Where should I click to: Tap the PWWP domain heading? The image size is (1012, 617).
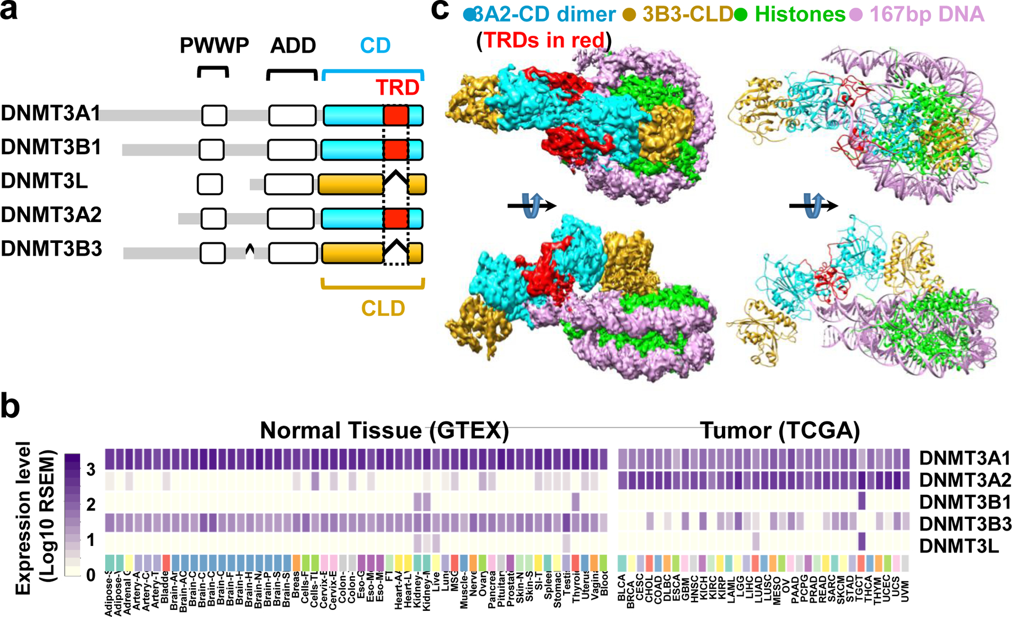click(214, 46)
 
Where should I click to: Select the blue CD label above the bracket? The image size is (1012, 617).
click(375, 46)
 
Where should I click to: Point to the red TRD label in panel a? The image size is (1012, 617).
click(397, 88)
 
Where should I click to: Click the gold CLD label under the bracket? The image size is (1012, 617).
click(383, 308)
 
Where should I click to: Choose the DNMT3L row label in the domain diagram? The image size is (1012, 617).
click(44, 181)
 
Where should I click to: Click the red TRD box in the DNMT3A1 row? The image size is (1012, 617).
click(396, 116)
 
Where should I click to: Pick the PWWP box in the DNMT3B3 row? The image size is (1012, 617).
click(213, 253)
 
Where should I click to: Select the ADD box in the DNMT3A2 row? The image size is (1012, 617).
click(291, 218)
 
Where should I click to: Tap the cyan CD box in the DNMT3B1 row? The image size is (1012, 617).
click(352, 150)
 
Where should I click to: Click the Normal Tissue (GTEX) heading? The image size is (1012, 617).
click(384, 430)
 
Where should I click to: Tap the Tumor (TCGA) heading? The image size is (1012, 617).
click(780, 430)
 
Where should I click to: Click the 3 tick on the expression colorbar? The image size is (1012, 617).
click(90, 469)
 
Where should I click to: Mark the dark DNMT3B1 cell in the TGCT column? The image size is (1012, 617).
click(862, 501)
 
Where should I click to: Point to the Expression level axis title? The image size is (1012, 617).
click(23, 518)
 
